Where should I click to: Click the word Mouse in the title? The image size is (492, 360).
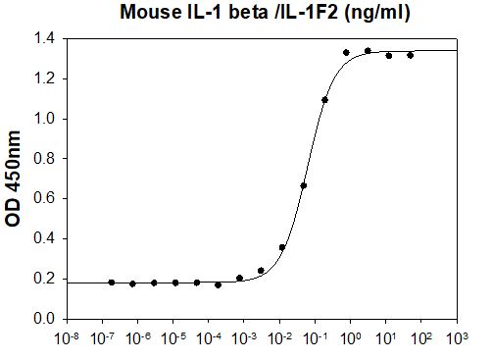tap(148, 13)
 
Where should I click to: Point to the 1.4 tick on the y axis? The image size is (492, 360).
tap(46, 39)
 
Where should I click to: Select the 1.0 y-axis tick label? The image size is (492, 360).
tap(46, 119)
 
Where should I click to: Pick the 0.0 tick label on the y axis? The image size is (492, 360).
tap(46, 319)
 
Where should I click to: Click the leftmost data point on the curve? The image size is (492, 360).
tap(111, 283)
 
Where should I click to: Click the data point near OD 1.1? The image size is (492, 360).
tap(324, 100)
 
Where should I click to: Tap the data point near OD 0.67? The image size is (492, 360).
tap(304, 185)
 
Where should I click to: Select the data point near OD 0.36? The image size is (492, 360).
tap(282, 247)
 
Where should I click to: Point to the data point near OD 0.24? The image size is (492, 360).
tap(261, 271)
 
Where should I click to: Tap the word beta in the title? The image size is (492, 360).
tap(221, 13)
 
